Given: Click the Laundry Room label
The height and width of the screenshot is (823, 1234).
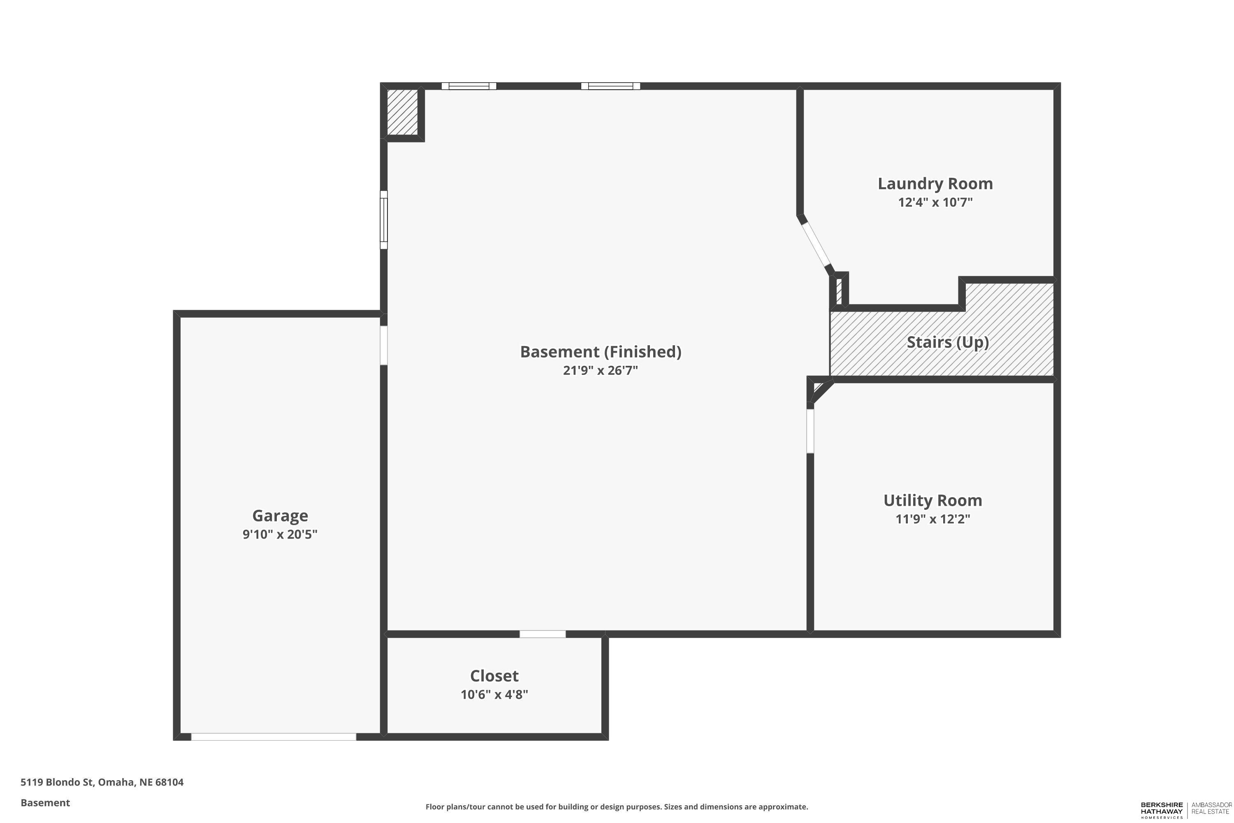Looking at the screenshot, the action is pyautogui.click(x=935, y=184).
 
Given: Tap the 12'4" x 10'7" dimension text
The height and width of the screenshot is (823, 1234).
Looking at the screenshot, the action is pyautogui.click(x=935, y=202).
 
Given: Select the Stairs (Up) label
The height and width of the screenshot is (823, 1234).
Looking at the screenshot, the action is pyautogui.click(x=948, y=342).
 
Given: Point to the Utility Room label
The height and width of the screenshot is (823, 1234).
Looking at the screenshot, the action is pyautogui.click(x=932, y=501).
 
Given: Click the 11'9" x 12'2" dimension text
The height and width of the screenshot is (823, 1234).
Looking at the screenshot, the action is pyautogui.click(x=932, y=519).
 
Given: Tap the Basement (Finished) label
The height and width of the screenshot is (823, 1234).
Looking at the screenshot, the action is pyautogui.click(x=600, y=352).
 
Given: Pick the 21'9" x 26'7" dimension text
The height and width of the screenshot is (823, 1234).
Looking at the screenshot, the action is pyautogui.click(x=600, y=371).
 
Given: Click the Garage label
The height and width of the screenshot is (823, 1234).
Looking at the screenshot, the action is pyautogui.click(x=280, y=516).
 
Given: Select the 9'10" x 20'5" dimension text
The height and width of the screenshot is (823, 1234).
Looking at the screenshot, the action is pyautogui.click(x=280, y=534).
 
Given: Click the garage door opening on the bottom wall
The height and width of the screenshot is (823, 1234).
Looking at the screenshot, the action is pyautogui.click(x=274, y=737).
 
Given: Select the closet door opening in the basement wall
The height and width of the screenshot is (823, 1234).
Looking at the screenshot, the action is pyautogui.click(x=543, y=634).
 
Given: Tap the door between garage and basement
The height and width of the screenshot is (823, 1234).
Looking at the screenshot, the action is pyautogui.click(x=383, y=345).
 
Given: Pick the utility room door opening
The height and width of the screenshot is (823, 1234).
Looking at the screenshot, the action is pyautogui.click(x=810, y=431).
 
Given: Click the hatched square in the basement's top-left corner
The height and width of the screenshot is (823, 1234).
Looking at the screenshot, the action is pyautogui.click(x=402, y=112).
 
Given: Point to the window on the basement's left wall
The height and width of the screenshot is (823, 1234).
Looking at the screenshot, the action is pyautogui.click(x=383, y=219).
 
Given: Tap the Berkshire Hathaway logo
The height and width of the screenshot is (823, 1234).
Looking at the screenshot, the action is pyautogui.click(x=1162, y=810).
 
